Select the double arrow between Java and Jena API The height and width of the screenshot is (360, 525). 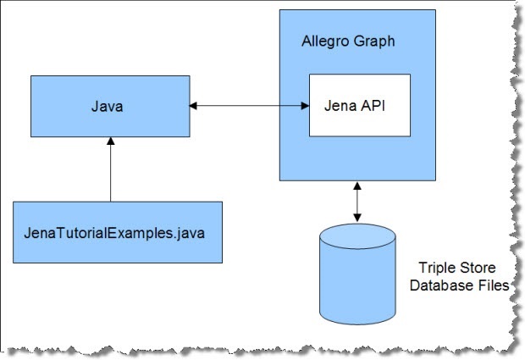click(248, 106)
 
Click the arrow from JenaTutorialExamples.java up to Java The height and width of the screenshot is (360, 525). click(109, 169)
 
